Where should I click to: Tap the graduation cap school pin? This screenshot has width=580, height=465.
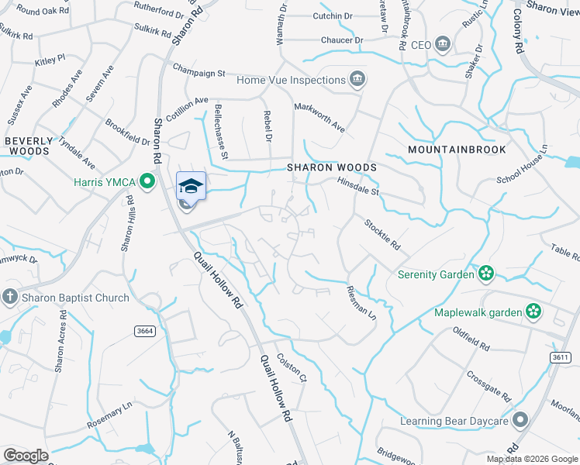pos(192,186)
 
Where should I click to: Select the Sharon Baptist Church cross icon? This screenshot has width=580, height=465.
pos(9,297)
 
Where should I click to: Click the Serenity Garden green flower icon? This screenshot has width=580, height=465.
pos(486,274)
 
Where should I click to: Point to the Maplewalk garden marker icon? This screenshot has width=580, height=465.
pos(533,312)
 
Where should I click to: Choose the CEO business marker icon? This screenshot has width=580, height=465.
pos(443,44)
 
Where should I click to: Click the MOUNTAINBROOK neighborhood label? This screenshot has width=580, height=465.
pos(457,150)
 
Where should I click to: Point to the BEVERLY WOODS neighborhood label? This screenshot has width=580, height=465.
pos(29,146)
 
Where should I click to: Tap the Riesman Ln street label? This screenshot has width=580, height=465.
pos(361,304)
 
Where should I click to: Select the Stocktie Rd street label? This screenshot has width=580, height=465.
pos(384,234)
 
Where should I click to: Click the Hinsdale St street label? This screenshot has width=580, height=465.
pos(357,187)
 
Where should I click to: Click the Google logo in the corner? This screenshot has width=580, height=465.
pos(26,456)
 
